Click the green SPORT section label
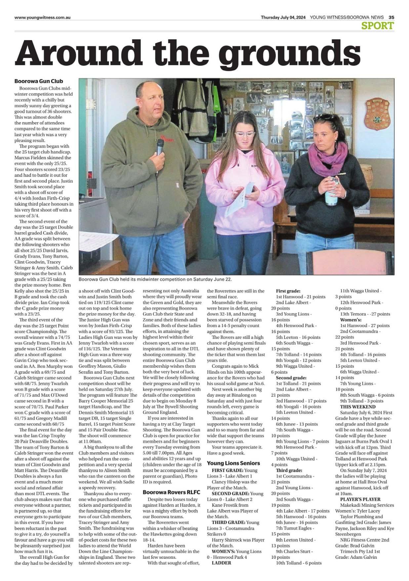tap(378, 25)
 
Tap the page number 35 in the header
tap(391, 17)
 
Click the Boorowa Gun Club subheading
tap(38, 81)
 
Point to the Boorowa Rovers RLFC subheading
tap(171, 492)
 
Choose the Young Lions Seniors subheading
tap(233, 463)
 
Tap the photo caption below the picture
tap(155, 279)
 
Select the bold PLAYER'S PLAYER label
tap(360, 499)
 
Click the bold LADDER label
tap(221, 563)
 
